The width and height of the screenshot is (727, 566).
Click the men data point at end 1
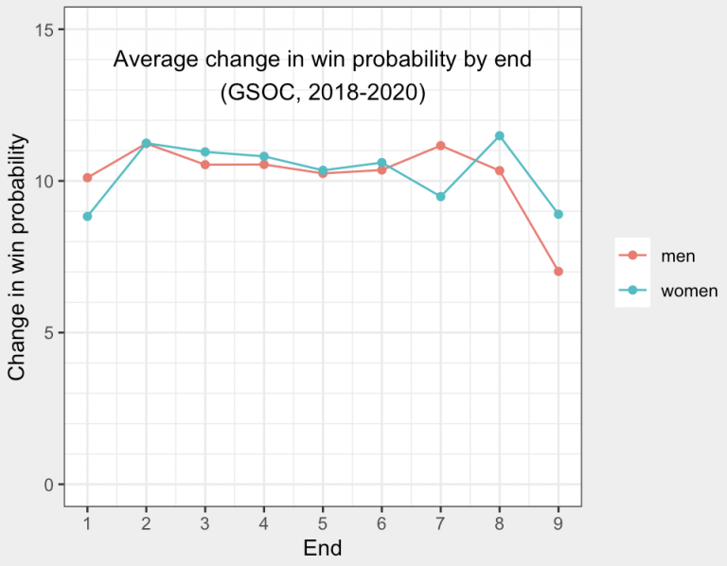tap(87, 178)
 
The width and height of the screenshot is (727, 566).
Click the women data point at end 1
tap(87, 216)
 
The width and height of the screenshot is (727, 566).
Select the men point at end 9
tap(559, 272)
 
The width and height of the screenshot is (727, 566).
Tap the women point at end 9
tap(559, 214)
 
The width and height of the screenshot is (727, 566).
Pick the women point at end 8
tap(500, 135)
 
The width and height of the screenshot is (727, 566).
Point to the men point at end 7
tap(441, 146)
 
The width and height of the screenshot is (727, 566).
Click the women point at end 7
tap(441, 197)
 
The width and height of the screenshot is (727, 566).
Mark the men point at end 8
tap(500, 170)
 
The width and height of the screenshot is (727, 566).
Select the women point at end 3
tap(204, 151)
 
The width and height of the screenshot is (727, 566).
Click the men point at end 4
tap(263, 165)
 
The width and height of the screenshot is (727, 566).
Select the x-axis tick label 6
tap(381, 522)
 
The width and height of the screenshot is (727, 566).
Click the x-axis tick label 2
tap(146, 522)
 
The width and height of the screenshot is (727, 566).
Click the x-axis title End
tap(322, 548)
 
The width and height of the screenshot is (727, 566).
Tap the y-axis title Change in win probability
tap(17, 257)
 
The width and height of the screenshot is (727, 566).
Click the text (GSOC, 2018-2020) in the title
tap(322, 94)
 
